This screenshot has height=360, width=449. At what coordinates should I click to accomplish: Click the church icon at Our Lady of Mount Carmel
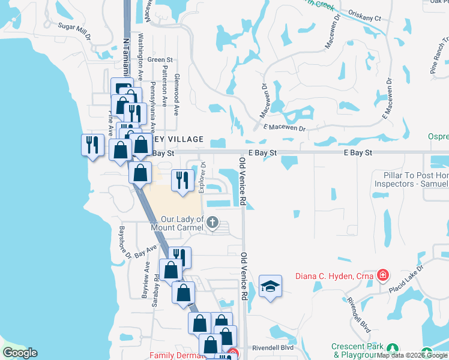tap(211, 224)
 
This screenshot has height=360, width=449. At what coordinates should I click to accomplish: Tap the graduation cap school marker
tap(270, 286)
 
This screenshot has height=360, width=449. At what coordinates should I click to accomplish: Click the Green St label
tap(160, 60)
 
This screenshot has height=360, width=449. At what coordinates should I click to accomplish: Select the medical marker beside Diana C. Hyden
tap(382, 276)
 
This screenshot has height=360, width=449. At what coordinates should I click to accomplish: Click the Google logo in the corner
tap(20, 353)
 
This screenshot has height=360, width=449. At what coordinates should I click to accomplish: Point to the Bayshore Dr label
tap(124, 242)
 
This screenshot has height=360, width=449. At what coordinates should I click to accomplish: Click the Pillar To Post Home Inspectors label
tap(411, 180)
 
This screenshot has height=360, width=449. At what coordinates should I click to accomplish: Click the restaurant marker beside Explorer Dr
tap(182, 179)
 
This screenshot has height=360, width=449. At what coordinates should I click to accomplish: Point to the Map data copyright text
tap(412, 355)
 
